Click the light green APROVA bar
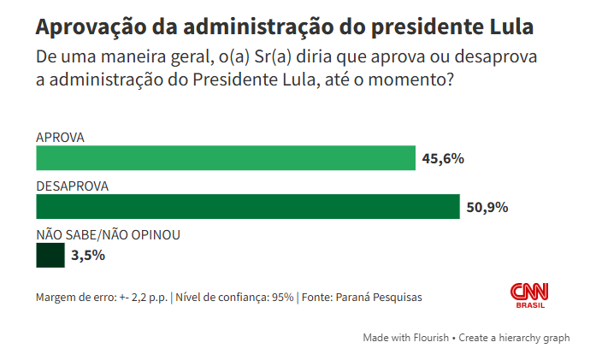click(225, 158)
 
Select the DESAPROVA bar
click(248, 207)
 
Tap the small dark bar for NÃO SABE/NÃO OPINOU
click(50, 256)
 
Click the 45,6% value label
click(442, 158)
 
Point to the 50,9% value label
click(488, 207)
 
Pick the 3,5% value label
click(87, 255)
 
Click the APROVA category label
click(60, 137)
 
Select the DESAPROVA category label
click(71, 186)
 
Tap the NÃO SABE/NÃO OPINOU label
click(108, 234)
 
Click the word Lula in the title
click(509, 27)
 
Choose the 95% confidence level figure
click(282, 297)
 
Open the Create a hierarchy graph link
click(514, 338)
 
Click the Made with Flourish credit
click(406, 338)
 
